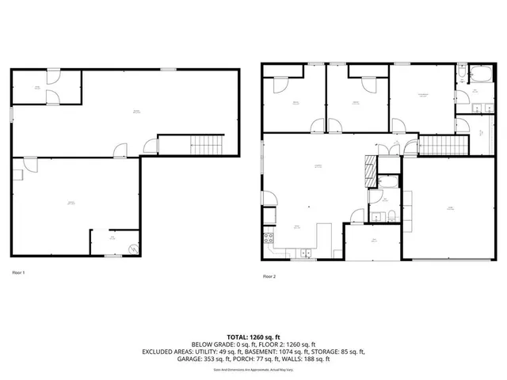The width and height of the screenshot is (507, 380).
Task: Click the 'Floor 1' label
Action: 18,272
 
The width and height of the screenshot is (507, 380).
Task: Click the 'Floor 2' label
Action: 269,276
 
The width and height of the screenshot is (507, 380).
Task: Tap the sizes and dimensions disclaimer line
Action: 253,369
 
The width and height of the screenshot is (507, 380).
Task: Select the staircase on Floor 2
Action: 433,146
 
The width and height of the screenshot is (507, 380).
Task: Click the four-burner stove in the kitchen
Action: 268,237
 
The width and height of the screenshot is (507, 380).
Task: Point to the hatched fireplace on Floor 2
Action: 368,168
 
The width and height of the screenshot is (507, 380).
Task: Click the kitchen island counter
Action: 323,238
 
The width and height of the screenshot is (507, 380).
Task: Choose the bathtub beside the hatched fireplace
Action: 388,180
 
